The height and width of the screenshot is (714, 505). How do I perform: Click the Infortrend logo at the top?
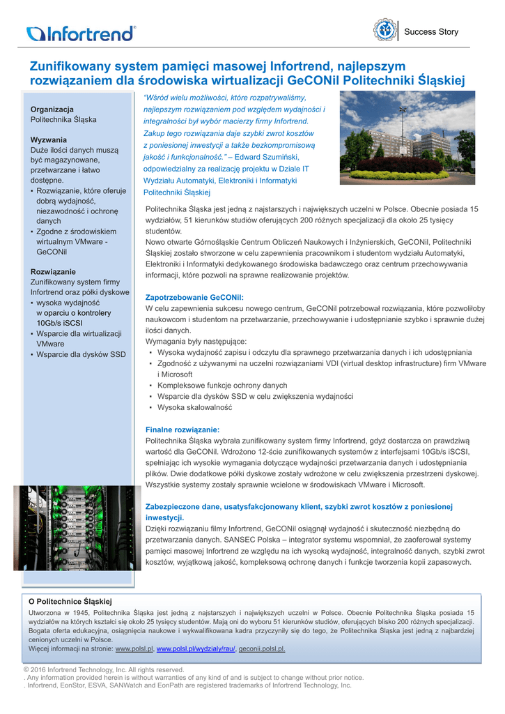point(81,33)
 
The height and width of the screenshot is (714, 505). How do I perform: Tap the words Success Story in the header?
point(431,32)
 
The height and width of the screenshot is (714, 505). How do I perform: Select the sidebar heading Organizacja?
point(52,109)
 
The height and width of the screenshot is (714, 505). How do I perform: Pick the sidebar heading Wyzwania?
point(49,139)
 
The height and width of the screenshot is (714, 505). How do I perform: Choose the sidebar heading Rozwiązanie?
point(54,271)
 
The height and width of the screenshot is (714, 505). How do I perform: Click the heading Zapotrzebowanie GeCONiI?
point(194,297)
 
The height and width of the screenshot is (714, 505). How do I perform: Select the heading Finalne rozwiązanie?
point(182,430)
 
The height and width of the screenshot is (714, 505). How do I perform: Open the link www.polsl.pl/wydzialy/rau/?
point(196,648)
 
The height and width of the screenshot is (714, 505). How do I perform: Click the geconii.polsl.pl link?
point(263,648)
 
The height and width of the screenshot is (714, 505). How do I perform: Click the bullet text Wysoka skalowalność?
point(194,407)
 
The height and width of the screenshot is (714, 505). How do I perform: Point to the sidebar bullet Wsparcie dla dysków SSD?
point(81,354)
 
